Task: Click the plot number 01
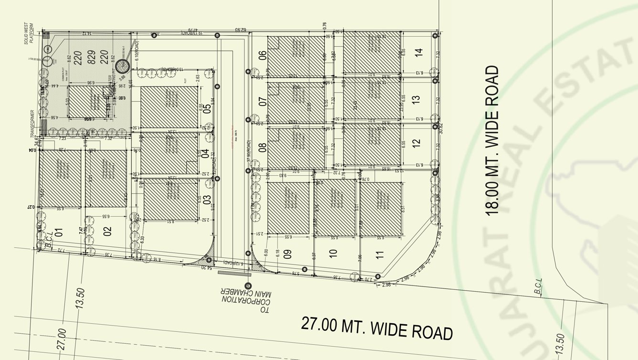tap(59, 233)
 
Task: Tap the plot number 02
tap(107, 231)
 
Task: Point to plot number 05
tap(207, 109)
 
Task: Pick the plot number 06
tap(262, 55)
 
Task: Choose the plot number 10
tap(333, 253)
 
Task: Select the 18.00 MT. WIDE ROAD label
tap(493, 140)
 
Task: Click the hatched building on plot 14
tap(372, 52)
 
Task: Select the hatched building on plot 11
tap(381, 209)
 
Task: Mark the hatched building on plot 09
tap(288, 208)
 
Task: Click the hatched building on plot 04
tap(169, 154)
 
